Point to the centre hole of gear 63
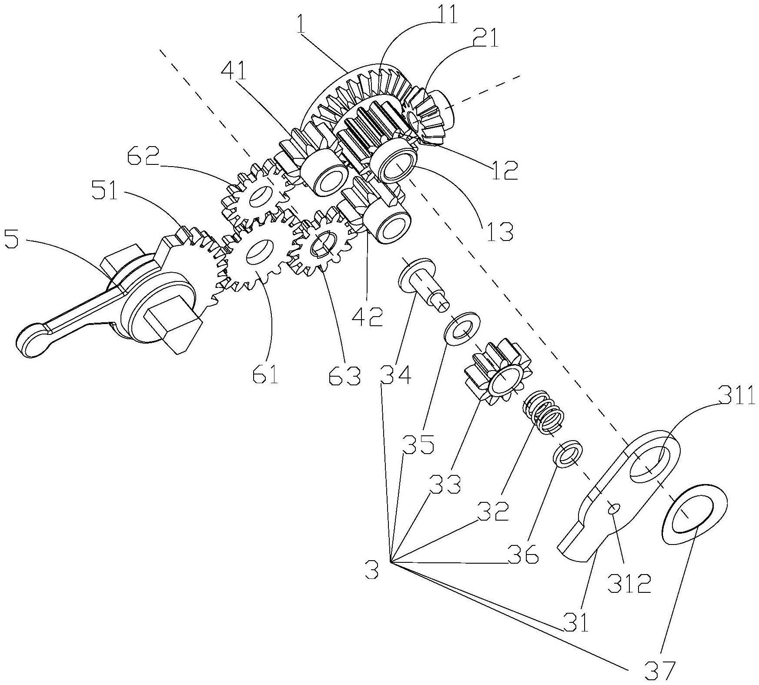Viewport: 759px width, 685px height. point(323,244)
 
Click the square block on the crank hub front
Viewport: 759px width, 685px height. point(172,321)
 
